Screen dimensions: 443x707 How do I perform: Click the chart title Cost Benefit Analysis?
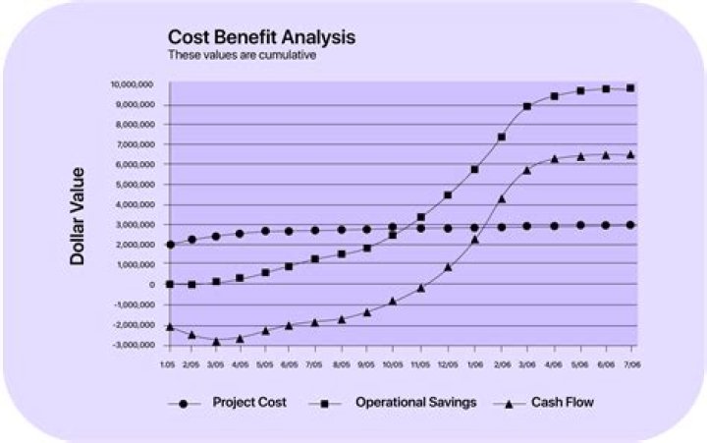click(261, 37)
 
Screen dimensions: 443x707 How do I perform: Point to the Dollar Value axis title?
click(77, 217)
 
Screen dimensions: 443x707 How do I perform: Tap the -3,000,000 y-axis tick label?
click(133, 346)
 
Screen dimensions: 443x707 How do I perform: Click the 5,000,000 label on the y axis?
click(135, 185)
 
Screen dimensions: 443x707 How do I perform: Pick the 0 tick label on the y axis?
click(152, 285)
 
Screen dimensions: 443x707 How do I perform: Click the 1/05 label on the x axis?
click(169, 362)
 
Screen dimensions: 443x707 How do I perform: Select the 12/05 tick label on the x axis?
click(448, 362)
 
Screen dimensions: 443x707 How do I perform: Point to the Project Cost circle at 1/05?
click(169, 245)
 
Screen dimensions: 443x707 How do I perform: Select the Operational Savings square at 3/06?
click(527, 106)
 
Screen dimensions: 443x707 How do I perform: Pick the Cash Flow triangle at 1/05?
click(169, 326)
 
